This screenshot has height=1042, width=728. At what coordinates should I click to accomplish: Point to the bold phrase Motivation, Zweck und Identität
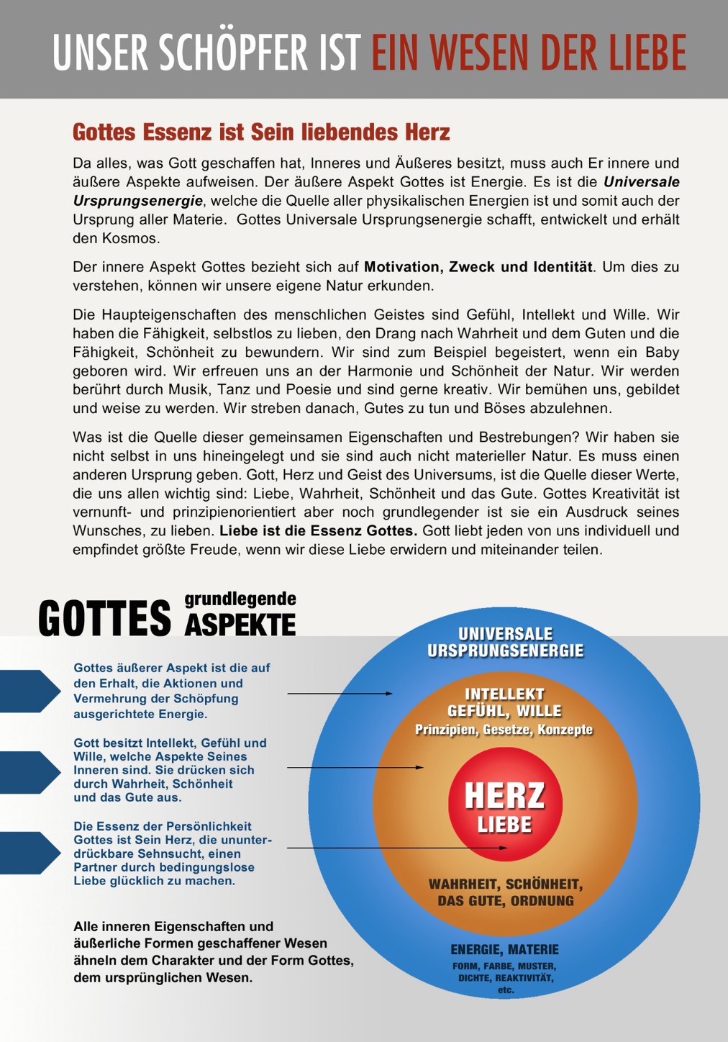478,267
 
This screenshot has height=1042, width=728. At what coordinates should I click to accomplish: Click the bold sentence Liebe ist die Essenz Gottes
318,531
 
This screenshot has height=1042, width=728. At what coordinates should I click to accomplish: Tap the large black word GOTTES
105,619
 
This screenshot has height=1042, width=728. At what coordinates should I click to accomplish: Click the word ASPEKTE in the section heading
240,625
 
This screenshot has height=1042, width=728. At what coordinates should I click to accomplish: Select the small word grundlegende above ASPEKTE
240,599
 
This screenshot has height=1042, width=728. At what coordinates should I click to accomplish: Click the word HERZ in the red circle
505,796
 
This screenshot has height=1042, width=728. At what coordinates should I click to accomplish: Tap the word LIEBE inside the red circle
505,825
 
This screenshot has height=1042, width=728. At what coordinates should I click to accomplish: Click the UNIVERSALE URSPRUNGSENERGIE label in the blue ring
506,642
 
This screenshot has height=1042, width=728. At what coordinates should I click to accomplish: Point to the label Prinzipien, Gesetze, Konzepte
504,730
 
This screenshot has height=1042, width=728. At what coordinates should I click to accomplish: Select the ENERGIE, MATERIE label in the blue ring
505,950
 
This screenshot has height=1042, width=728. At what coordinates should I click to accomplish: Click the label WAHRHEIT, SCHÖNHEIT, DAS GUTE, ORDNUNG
506,892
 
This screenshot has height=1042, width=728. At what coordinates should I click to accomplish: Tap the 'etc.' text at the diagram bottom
506,990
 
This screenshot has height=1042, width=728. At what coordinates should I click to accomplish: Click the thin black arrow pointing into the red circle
396,848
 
